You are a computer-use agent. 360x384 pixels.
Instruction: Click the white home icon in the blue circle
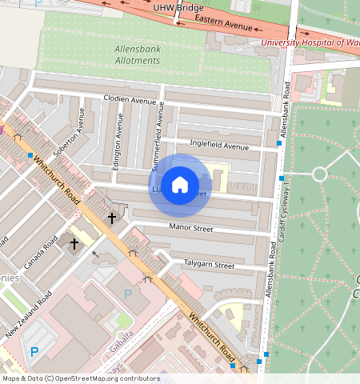point(180,185)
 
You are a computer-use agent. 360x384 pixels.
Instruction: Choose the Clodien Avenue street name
point(130,100)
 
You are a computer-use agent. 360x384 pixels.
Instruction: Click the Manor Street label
point(193,229)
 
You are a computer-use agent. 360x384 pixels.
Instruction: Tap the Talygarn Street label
point(209,265)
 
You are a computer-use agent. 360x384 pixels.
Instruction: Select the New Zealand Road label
point(29,312)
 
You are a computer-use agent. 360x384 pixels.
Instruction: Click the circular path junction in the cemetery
point(319,174)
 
